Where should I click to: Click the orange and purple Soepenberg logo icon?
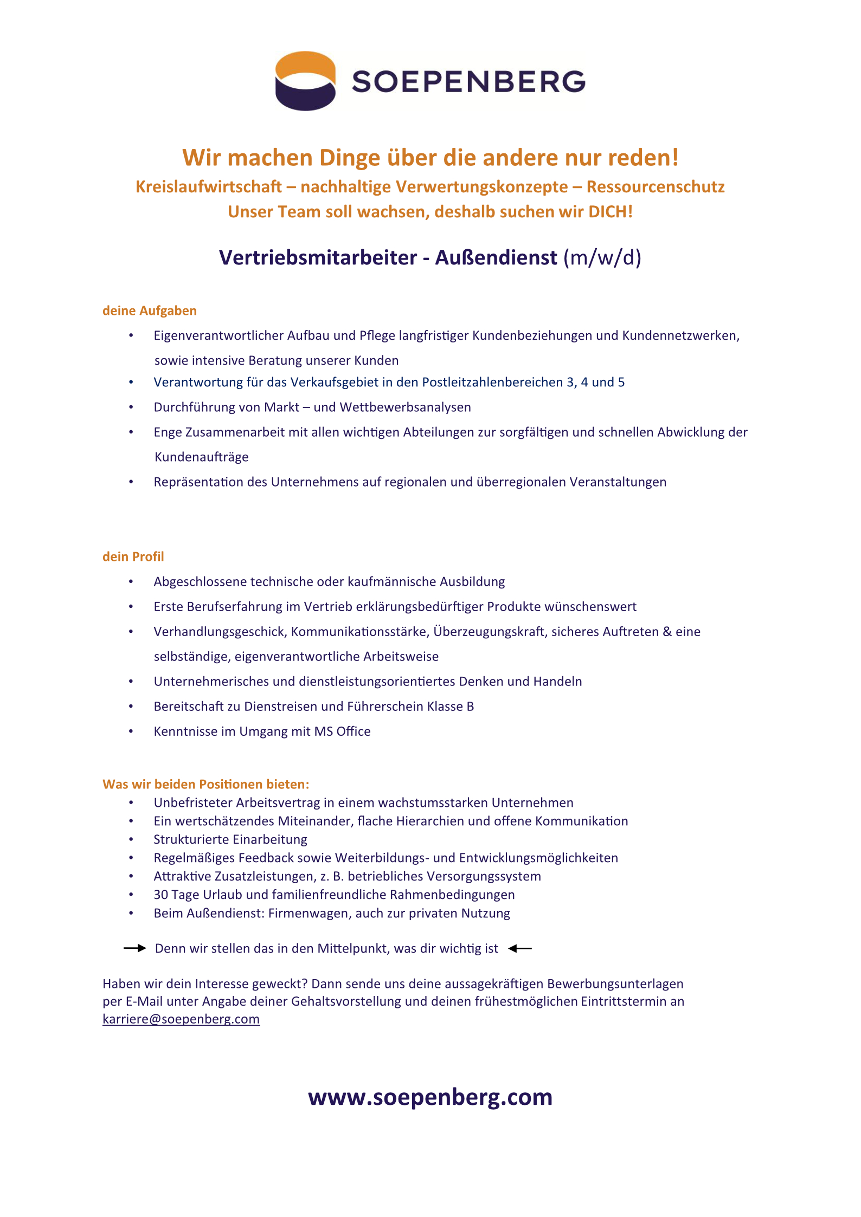tap(305, 81)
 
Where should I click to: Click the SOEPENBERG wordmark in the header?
tap(468, 82)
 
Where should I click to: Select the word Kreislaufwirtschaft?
tap(209, 186)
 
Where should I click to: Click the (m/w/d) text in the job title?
tap(602, 257)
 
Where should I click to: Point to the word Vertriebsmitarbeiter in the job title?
tap(318, 257)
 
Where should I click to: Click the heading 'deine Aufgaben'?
tap(150, 310)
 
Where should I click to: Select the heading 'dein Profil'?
tap(133, 556)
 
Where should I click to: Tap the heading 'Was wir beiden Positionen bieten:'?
tap(206, 784)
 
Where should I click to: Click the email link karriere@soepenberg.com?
tap(181, 1019)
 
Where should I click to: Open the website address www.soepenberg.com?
tap(430, 1097)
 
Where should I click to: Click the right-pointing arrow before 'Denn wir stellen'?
tap(134, 948)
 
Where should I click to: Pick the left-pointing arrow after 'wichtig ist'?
tap(521, 948)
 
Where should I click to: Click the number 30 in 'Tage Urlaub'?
tap(160, 895)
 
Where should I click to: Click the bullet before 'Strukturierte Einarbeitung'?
tap(131, 839)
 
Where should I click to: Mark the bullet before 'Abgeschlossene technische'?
tap(131, 581)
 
